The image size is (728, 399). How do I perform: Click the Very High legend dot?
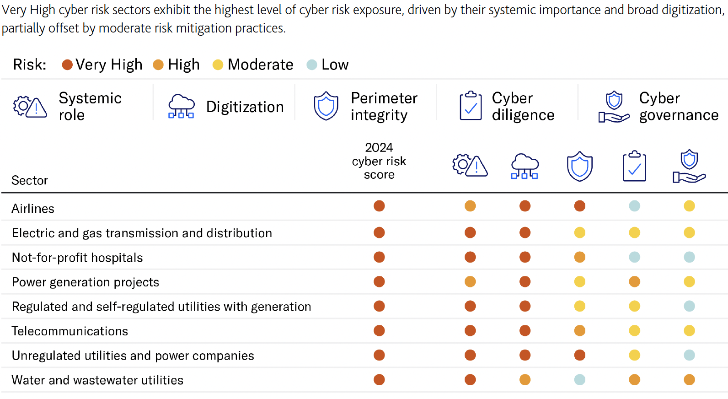click(x=67, y=65)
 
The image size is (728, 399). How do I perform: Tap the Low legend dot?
click(x=311, y=65)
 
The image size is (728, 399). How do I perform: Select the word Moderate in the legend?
click(x=260, y=65)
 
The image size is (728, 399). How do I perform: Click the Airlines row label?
click(x=33, y=209)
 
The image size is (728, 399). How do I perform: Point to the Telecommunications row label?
click(x=70, y=331)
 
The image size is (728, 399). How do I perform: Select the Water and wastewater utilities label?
click(x=97, y=380)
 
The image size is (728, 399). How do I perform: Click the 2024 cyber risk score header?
click(x=379, y=161)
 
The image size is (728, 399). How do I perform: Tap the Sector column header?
click(x=30, y=180)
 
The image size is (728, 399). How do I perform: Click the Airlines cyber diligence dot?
click(x=634, y=206)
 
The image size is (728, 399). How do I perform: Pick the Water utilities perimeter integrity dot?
click(x=579, y=379)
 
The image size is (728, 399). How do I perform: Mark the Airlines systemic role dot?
click(x=470, y=206)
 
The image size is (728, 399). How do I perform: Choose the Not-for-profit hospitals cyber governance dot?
click(x=689, y=257)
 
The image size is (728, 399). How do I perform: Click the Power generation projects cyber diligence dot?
click(x=634, y=281)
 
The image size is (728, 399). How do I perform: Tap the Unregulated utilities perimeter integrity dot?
click(x=579, y=355)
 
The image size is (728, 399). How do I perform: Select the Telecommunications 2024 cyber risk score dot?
click(x=379, y=330)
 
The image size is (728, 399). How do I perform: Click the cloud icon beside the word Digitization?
click(x=181, y=107)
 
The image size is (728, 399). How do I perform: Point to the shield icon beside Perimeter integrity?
click(x=326, y=106)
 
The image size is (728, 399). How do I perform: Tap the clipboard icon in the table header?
click(x=634, y=166)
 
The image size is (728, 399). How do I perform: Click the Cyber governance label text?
click(x=679, y=107)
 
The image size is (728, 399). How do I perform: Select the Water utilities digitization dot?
click(x=525, y=379)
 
